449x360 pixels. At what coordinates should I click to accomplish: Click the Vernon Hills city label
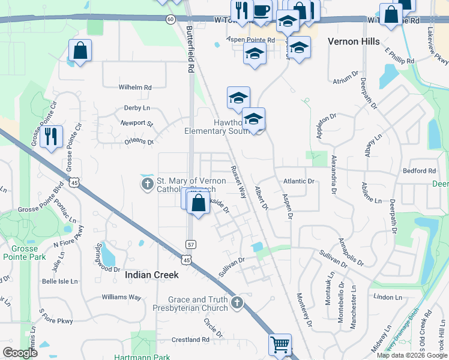coord(354,41)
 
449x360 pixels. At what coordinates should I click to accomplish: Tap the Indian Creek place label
coord(152,275)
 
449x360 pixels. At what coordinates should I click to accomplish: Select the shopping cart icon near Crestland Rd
coord(280,345)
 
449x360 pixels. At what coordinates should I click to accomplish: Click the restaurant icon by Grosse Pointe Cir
coord(51,136)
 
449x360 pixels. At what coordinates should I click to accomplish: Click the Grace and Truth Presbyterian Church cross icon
coord(237,304)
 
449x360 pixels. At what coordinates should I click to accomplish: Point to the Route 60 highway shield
coord(171,20)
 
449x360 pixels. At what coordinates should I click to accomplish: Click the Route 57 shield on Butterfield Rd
coord(190,245)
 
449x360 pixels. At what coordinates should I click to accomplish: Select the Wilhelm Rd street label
coord(135,87)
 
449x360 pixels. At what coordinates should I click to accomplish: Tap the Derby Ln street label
coord(136,108)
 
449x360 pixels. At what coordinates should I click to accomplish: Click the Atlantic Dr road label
coord(299,181)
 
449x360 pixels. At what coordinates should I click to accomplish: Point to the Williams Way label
coord(121,297)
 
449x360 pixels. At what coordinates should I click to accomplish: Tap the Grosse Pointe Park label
coord(20,252)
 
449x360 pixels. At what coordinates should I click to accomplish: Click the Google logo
coord(20,353)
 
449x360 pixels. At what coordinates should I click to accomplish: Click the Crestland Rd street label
coord(190,340)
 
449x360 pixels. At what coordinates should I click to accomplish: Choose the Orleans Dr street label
coord(139,142)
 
